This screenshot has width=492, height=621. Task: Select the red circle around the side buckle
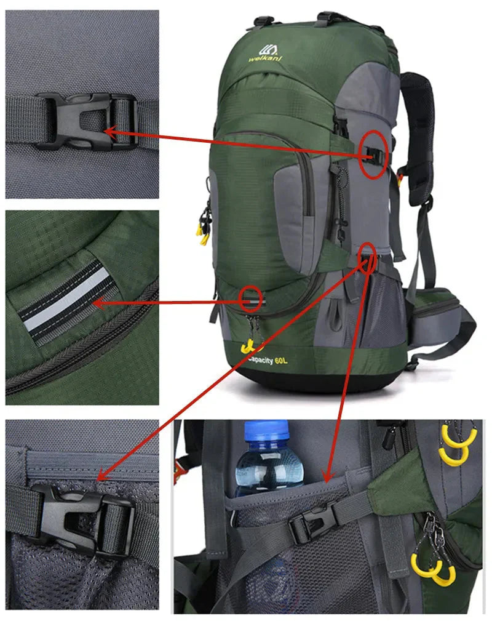click(x=374, y=154)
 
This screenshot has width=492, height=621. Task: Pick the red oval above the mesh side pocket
click(x=368, y=257)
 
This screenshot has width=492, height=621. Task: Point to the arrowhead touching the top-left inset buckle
click(x=110, y=130)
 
